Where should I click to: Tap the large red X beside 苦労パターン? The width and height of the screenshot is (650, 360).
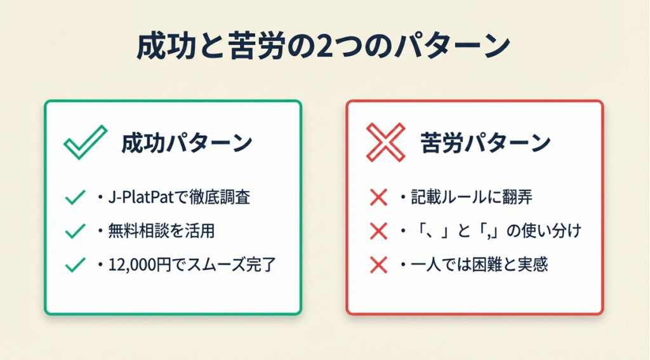385,142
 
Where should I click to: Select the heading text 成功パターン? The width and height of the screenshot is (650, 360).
187,143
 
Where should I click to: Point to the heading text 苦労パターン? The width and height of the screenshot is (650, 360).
486,143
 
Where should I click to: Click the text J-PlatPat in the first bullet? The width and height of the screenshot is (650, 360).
140,197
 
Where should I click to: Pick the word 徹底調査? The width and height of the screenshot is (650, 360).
220,197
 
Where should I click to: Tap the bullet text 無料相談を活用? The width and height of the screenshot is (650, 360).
161,231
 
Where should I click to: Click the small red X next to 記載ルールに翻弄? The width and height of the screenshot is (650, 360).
378,197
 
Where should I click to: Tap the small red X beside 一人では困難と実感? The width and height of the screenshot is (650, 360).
378,265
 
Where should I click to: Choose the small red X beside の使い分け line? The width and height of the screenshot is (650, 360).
378,231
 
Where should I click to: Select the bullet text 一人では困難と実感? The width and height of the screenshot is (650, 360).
479,265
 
